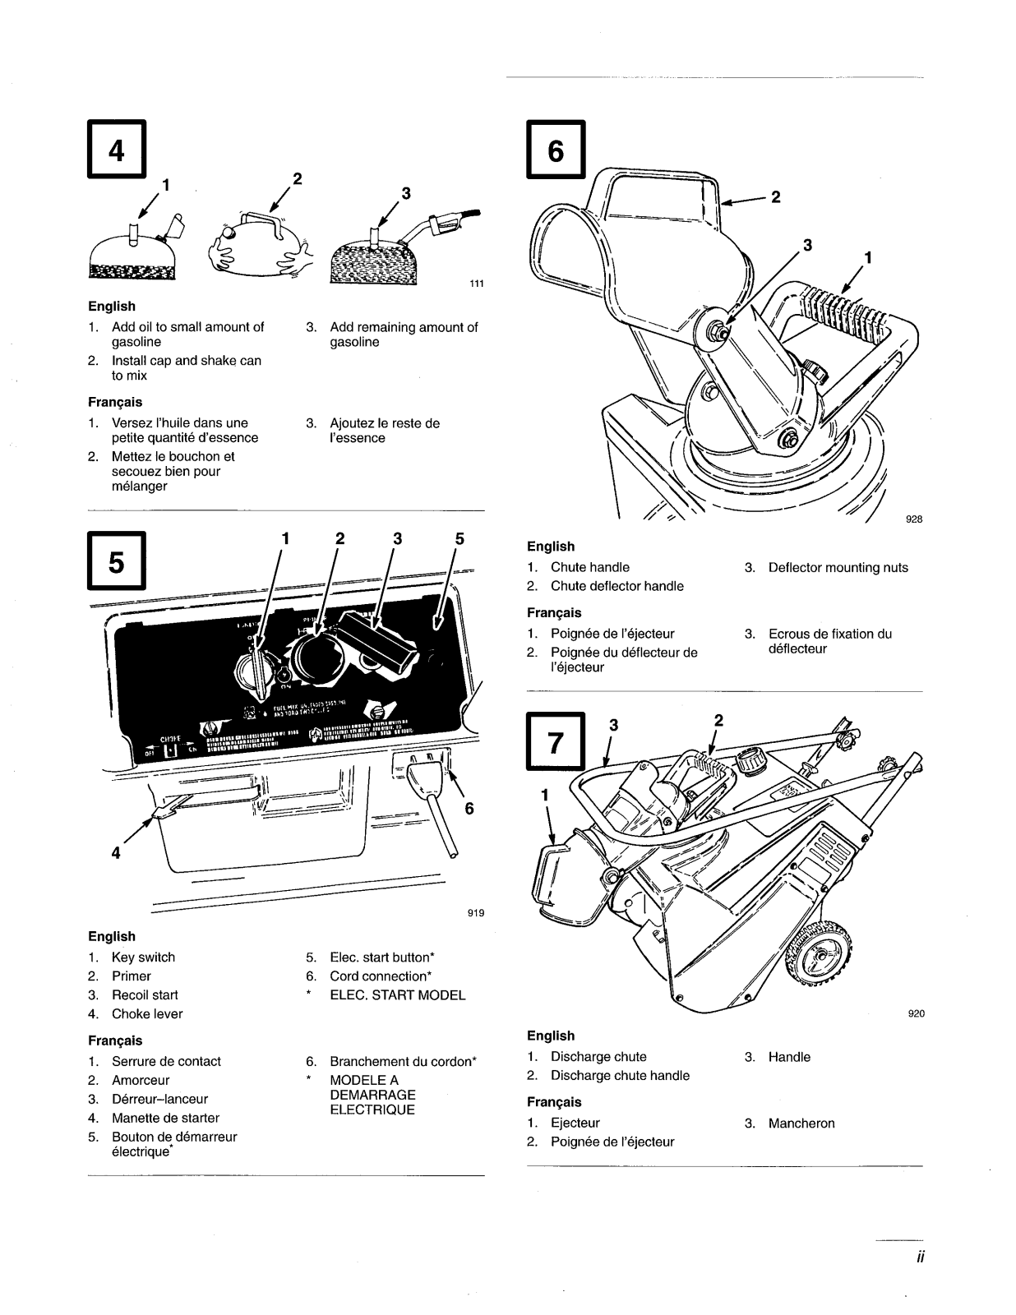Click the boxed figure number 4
tap(117, 150)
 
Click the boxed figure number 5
tap(117, 561)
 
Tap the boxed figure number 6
tap(556, 150)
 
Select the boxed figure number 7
tap(556, 742)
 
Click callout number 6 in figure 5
tap(469, 809)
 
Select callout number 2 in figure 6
tap(774, 196)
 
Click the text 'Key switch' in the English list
tap(143, 957)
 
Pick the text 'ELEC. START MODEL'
tap(397, 995)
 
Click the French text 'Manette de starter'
tap(165, 1118)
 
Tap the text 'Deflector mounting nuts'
tap(838, 568)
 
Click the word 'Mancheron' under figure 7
tap(801, 1124)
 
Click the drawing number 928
tap(914, 519)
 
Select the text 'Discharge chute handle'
tap(620, 1076)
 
